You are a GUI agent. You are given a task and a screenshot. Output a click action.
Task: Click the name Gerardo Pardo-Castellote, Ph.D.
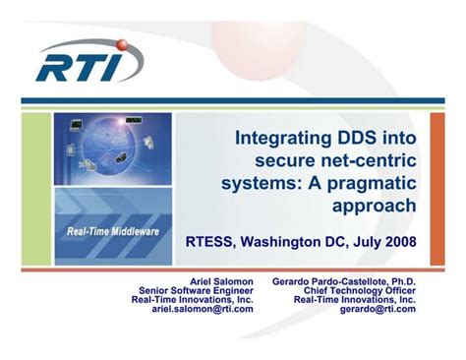[x=343, y=280]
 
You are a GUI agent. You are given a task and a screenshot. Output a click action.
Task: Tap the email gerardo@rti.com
[x=378, y=309]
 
